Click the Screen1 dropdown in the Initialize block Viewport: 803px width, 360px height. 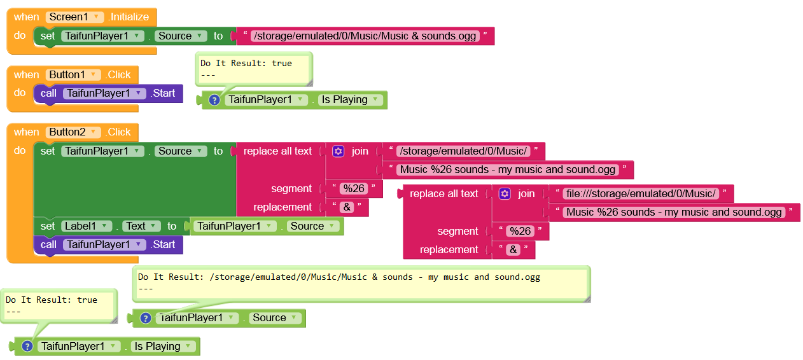click(74, 17)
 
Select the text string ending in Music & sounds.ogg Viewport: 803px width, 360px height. click(365, 36)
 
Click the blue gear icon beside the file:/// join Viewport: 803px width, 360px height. click(505, 194)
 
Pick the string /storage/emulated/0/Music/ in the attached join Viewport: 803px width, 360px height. click(463, 151)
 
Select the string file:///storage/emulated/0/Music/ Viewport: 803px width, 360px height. click(641, 194)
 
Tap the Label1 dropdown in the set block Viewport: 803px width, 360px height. click(86, 226)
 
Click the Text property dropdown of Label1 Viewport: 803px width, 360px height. click(141, 226)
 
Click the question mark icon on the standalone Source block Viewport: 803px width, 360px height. click(146, 318)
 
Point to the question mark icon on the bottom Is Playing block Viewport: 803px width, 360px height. click(27, 347)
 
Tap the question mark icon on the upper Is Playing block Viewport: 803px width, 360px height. click(214, 100)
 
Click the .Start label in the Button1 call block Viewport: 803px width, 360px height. click(163, 93)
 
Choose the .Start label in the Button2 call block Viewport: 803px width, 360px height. click(163, 245)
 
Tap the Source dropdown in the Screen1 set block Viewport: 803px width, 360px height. click(181, 36)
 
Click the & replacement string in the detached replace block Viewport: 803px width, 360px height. click(513, 250)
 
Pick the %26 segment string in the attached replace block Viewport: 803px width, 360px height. click(354, 188)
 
